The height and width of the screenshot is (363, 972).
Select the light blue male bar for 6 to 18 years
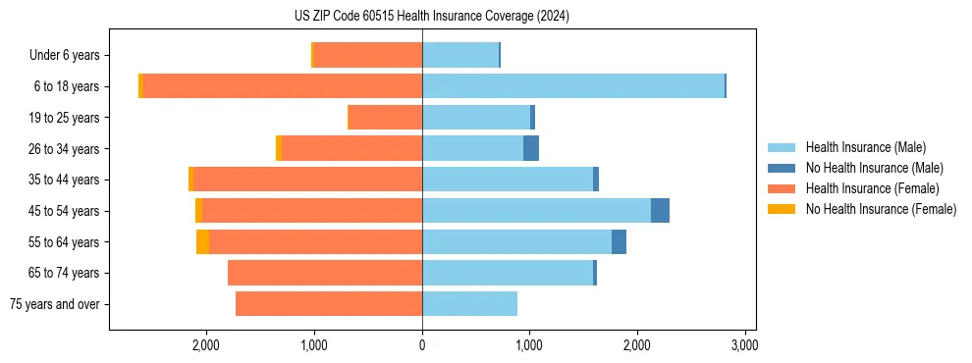coord(573,86)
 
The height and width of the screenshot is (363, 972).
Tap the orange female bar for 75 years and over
coord(329,304)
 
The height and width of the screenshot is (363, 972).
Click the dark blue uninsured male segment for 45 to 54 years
coord(660,211)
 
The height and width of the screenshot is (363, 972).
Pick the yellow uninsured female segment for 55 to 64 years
coord(202,242)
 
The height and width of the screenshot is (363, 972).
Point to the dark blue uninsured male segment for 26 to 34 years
coord(531,149)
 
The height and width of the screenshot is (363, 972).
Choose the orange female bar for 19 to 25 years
coord(386,118)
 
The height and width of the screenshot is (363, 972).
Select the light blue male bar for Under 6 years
coord(460,55)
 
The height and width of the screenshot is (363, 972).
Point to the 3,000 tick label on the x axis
coord(744,345)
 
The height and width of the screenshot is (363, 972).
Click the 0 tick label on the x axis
coord(422,345)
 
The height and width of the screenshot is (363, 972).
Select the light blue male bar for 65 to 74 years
coord(508,273)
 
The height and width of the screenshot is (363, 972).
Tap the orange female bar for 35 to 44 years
coord(307,180)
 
